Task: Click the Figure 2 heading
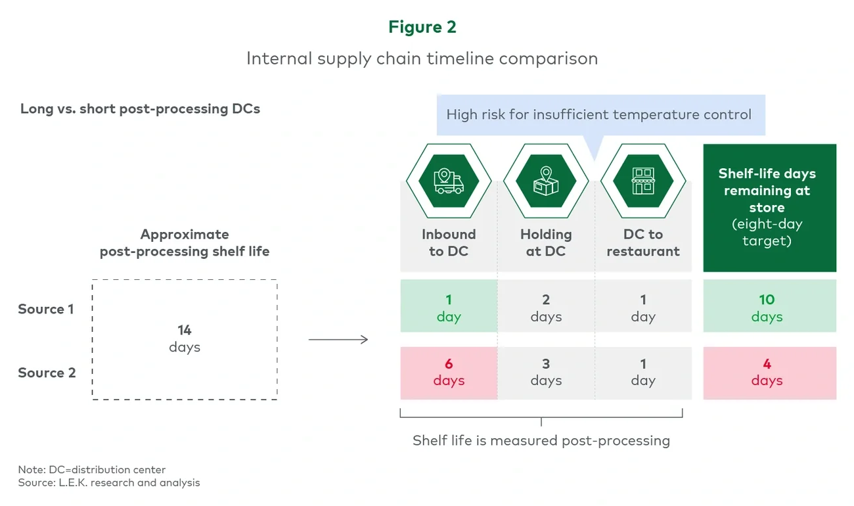click(x=422, y=27)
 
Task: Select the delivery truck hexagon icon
click(x=449, y=181)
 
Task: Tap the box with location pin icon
click(x=546, y=181)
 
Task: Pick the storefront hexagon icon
click(x=643, y=181)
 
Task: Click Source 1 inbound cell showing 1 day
click(x=449, y=308)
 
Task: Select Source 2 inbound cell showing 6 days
click(x=449, y=372)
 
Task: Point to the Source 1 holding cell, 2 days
click(x=546, y=308)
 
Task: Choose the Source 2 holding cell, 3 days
click(x=546, y=372)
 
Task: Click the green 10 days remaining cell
click(x=767, y=308)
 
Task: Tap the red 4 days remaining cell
click(x=767, y=372)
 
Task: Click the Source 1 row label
click(x=46, y=309)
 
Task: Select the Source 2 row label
click(x=47, y=373)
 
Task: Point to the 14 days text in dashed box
click(x=185, y=338)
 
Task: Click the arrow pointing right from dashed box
click(x=338, y=340)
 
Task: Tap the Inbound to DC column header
click(x=449, y=242)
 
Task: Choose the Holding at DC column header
click(x=546, y=242)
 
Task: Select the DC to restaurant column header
click(x=643, y=242)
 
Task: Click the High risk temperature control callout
click(x=598, y=115)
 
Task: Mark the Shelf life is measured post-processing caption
click(x=541, y=440)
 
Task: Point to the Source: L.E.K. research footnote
click(x=109, y=482)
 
